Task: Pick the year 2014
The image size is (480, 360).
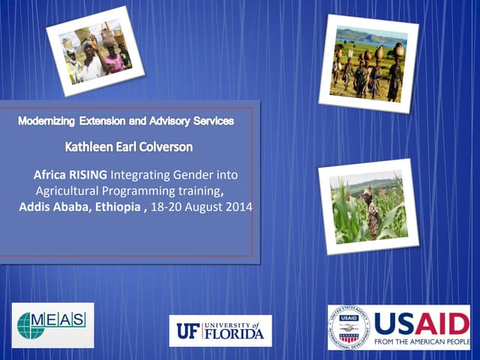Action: pos(237,206)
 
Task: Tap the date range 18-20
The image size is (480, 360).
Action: pos(163,206)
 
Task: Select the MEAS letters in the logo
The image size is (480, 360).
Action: pos(66,321)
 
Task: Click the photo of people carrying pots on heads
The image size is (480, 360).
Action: pos(369,64)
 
